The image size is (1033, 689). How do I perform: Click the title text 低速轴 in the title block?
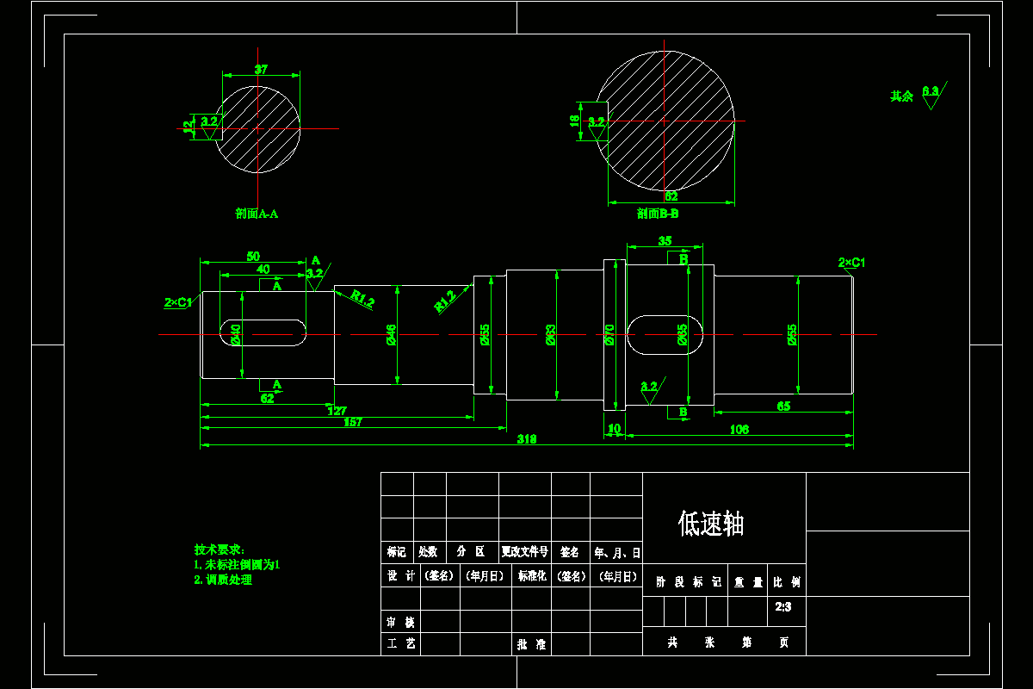coord(710,524)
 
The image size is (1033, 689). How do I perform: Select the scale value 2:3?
coord(782,607)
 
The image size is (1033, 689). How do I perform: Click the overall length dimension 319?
coord(526,439)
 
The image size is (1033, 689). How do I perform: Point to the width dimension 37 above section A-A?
coord(261,69)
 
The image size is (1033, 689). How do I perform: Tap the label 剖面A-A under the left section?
coord(257,214)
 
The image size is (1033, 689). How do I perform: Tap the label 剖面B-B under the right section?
coord(658,214)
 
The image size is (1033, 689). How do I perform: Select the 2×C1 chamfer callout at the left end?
coord(178,302)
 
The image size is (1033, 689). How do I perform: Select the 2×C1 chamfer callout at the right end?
coord(851,262)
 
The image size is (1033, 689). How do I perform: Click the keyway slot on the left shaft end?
coord(265,332)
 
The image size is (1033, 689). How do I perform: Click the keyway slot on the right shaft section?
coord(665,333)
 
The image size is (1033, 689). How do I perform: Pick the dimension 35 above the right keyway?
coord(665,241)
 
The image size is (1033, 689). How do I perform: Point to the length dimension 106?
coord(739,429)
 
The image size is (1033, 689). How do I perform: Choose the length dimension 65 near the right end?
coord(783,406)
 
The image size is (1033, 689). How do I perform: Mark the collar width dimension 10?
coord(614,428)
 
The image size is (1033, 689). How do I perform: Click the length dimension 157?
coord(353,422)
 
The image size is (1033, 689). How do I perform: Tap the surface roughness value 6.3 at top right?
coord(930,90)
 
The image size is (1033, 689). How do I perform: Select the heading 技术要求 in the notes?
coord(220,549)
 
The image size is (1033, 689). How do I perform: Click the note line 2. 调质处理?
coord(223,580)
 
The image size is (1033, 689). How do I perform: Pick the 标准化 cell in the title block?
coord(531,576)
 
